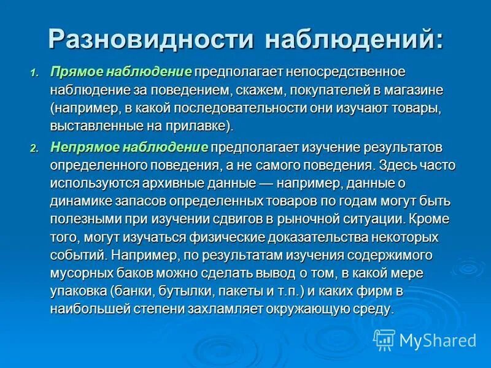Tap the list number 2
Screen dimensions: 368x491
pos(34,149)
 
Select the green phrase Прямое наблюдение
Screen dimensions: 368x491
pos(122,72)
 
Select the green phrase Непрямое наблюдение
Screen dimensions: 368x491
pos(130,148)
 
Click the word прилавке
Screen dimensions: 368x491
pos(200,126)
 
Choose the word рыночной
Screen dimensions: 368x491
pos(327,219)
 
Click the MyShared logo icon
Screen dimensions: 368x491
pos(384,339)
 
